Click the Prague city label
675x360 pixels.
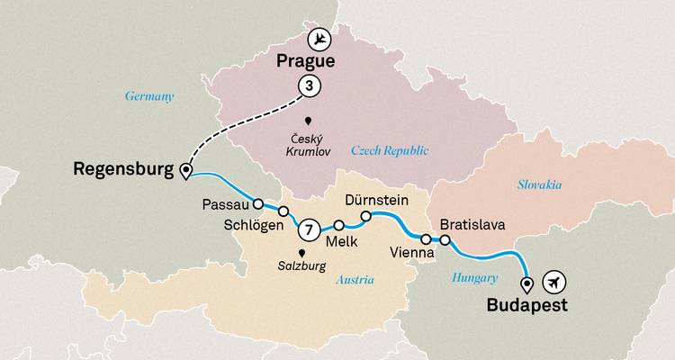pos(304,63)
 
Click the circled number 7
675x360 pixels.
pos(308,230)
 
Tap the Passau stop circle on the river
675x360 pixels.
pos(257,203)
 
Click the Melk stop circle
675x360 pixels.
pos(339,226)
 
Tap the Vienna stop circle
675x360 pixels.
pos(425,238)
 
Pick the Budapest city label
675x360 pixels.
pos(526,306)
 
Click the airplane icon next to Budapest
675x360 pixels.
pos(556,283)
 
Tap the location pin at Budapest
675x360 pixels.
pos(527,284)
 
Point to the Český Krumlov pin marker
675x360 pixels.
pos(308,121)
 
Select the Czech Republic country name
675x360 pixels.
pos(389,150)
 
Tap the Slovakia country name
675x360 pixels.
pos(539,184)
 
